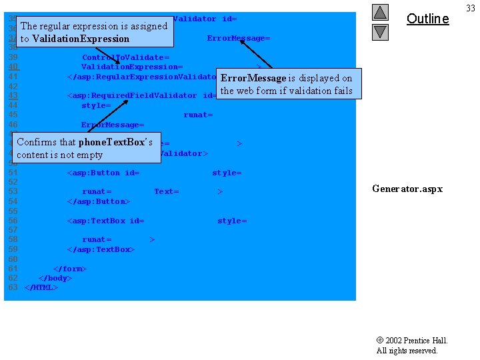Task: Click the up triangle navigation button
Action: (x=380, y=12)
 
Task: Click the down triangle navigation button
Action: (x=380, y=31)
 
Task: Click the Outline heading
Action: (x=427, y=19)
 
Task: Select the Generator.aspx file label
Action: (x=407, y=189)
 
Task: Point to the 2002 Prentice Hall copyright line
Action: (x=412, y=341)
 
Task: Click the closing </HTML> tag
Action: (x=41, y=287)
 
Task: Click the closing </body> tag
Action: (x=55, y=278)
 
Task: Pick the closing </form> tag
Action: (x=70, y=269)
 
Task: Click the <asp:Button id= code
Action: (x=103, y=173)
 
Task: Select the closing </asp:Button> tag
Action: (x=99, y=201)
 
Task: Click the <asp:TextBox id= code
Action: (x=106, y=221)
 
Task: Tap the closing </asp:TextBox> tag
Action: (x=101, y=249)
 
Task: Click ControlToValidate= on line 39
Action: (x=125, y=58)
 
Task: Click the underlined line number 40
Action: (x=13, y=67)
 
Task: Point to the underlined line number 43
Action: (x=13, y=95)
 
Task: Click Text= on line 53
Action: (x=166, y=192)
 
